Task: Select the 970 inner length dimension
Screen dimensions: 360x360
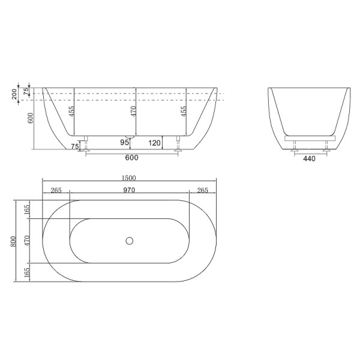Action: pyautogui.click(x=129, y=190)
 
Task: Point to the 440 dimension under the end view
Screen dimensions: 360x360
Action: pyautogui.click(x=309, y=159)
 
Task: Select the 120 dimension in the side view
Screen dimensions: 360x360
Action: pyautogui.click(x=154, y=143)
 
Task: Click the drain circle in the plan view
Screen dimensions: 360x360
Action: pyautogui.click(x=129, y=241)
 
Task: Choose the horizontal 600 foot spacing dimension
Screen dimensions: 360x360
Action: pyautogui.click(x=132, y=158)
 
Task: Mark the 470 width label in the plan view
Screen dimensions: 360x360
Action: pyautogui.click(x=26, y=241)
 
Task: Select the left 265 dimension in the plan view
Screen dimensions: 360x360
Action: pyautogui.click(x=56, y=190)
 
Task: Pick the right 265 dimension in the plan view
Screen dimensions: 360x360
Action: pyautogui.click(x=202, y=190)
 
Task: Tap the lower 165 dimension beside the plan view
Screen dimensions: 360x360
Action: pyautogui.click(x=26, y=272)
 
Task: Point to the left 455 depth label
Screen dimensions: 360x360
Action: pyautogui.click(x=71, y=111)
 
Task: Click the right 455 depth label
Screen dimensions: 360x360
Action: pyautogui.click(x=183, y=111)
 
